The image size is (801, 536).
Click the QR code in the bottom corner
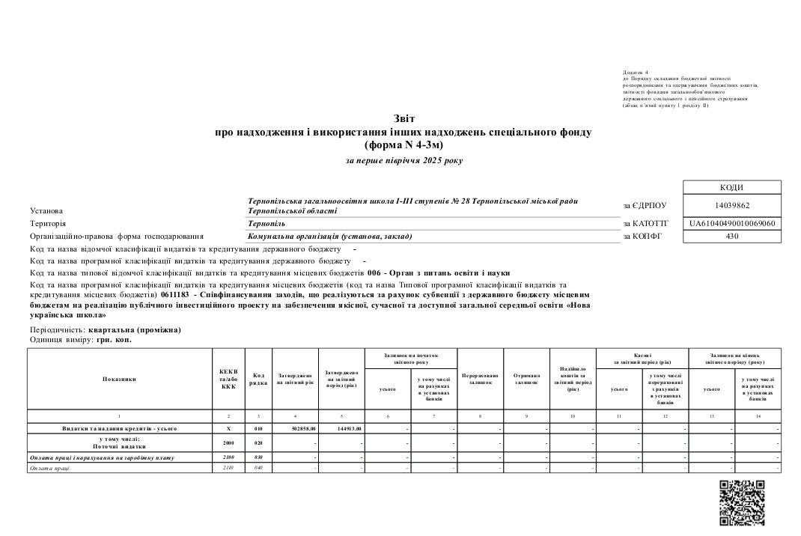pyautogui.click(x=741, y=502)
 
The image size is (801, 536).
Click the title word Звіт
pyautogui.click(x=403, y=119)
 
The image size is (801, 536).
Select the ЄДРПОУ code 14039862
pyautogui.click(x=732, y=205)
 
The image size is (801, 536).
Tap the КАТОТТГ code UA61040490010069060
pyautogui.click(x=732, y=223)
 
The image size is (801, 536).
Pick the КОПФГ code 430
pyautogui.click(x=732, y=237)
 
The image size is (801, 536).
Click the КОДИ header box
pyautogui.click(x=732, y=187)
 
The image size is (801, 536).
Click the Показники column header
pyautogui.click(x=120, y=379)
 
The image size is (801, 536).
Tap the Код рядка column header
pyautogui.click(x=258, y=379)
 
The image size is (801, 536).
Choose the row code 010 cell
pyautogui.click(x=258, y=428)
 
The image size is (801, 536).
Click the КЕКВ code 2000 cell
pyautogui.click(x=228, y=442)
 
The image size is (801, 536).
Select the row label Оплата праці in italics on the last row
pyautogui.click(x=49, y=468)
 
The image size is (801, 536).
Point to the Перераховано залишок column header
pyautogui.click(x=480, y=379)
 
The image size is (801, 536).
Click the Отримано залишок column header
pyautogui.click(x=526, y=379)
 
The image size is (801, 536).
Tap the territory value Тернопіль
pyautogui.click(x=267, y=223)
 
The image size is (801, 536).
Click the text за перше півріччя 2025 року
pyautogui.click(x=403, y=160)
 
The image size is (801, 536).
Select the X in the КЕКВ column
pyautogui.click(x=228, y=428)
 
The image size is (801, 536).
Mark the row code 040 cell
pyautogui.click(x=258, y=468)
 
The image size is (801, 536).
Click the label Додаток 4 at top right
pyautogui.click(x=636, y=72)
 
